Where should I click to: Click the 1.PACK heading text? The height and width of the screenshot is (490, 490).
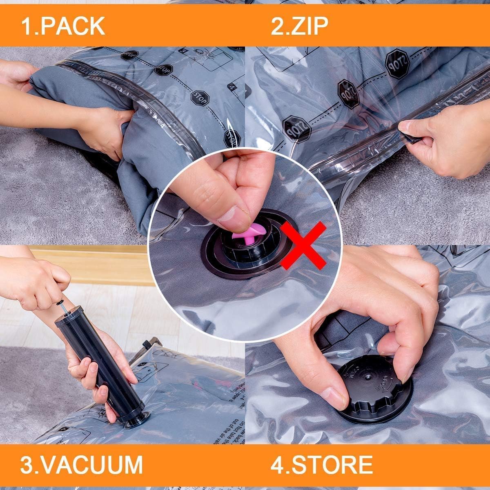(63, 26)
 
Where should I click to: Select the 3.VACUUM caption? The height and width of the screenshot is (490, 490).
(82, 464)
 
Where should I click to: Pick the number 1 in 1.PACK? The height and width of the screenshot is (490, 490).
(27, 26)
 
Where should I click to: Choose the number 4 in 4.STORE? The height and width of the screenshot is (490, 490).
(277, 464)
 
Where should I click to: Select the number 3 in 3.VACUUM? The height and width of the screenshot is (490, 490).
(27, 464)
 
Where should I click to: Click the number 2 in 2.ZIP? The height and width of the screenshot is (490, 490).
(278, 26)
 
